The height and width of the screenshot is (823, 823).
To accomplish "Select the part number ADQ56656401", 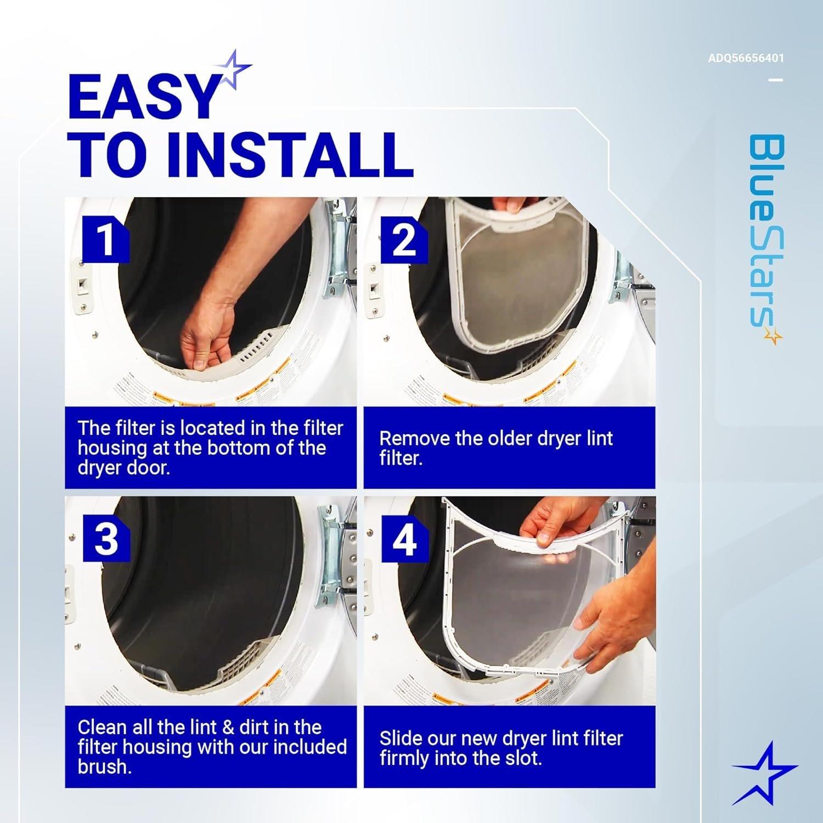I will (746, 58).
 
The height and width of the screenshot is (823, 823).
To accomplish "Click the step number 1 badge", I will (105, 239).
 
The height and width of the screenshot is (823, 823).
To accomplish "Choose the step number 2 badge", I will (404, 239).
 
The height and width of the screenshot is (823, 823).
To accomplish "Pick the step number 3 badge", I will (106, 538).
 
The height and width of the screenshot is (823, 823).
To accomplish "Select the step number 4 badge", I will (404, 538).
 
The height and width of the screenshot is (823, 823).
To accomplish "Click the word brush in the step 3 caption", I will (104, 766).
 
